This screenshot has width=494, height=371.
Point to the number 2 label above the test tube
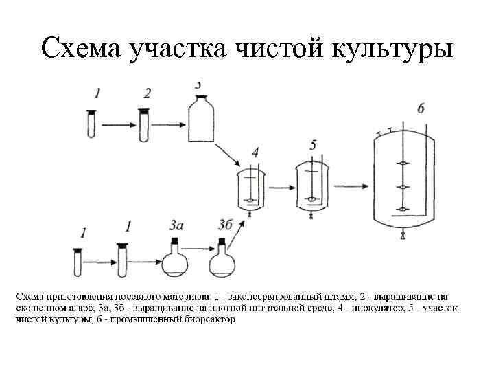pyautogui.click(x=146, y=93)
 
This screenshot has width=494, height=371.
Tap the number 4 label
pyautogui.click(x=255, y=153)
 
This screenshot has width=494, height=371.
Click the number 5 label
pyautogui.click(x=314, y=146)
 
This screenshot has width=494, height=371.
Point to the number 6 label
pyautogui.click(x=420, y=108)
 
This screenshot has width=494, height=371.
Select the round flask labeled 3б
pyautogui.click(x=222, y=260)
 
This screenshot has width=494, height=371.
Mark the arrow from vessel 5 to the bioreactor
pyautogui.click(x=348, y=186)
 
